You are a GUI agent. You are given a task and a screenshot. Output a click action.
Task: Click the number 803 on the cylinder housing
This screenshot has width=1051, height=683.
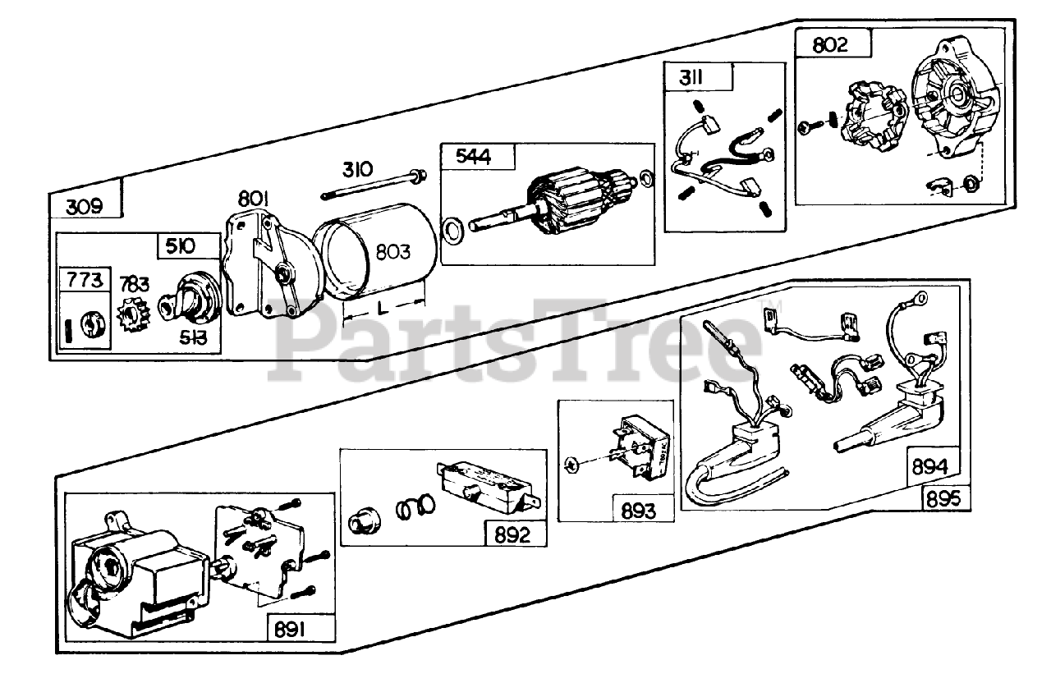point(393,252)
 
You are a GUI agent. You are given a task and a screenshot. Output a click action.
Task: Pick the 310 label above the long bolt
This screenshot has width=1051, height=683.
point(358,170)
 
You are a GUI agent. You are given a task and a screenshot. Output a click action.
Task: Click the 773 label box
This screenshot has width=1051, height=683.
point(85,280)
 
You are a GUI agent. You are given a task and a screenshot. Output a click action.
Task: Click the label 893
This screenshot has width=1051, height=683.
point(639,511)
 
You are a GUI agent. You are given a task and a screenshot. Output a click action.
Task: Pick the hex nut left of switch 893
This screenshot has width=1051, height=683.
point(573,466)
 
